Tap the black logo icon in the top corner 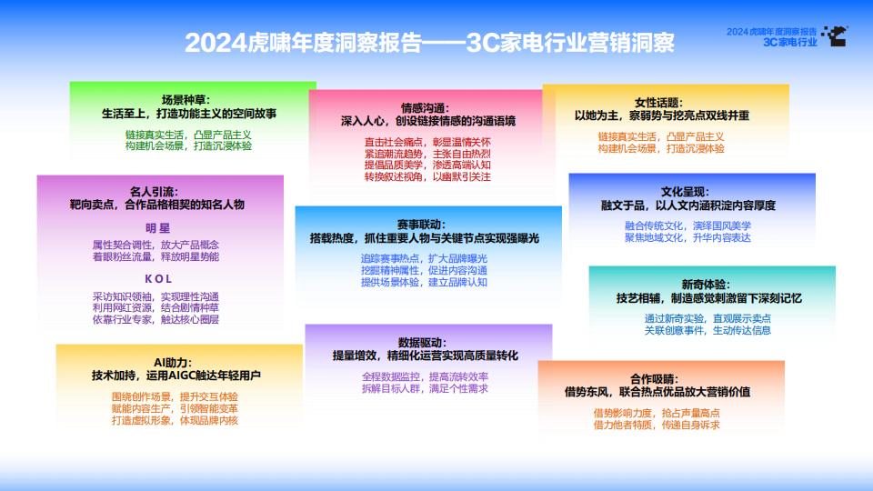point(835,35)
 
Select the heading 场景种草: point(186,100)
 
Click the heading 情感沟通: point(425,108)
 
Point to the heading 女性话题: point(658,103)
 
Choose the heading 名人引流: point(155,192)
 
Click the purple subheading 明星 point(157,228)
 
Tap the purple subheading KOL point(158,279)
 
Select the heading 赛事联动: point(421,225)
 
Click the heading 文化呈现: point(686,192)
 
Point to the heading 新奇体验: point(706,285)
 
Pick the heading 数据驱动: point(422,343)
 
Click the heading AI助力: point(173,363)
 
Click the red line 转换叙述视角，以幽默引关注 point(427,177)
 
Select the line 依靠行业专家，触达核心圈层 point(156,319)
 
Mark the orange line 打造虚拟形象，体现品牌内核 point(175,420)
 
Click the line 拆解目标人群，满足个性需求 point(425,388)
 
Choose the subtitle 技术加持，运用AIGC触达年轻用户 point(176,376)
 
